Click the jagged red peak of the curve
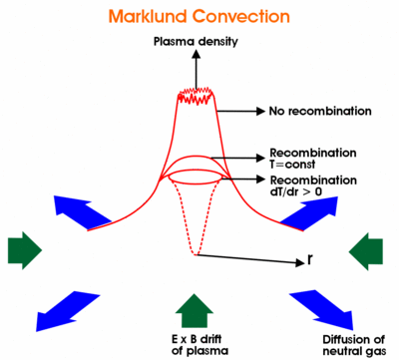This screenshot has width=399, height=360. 197,98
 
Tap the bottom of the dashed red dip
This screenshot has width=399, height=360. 196,253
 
